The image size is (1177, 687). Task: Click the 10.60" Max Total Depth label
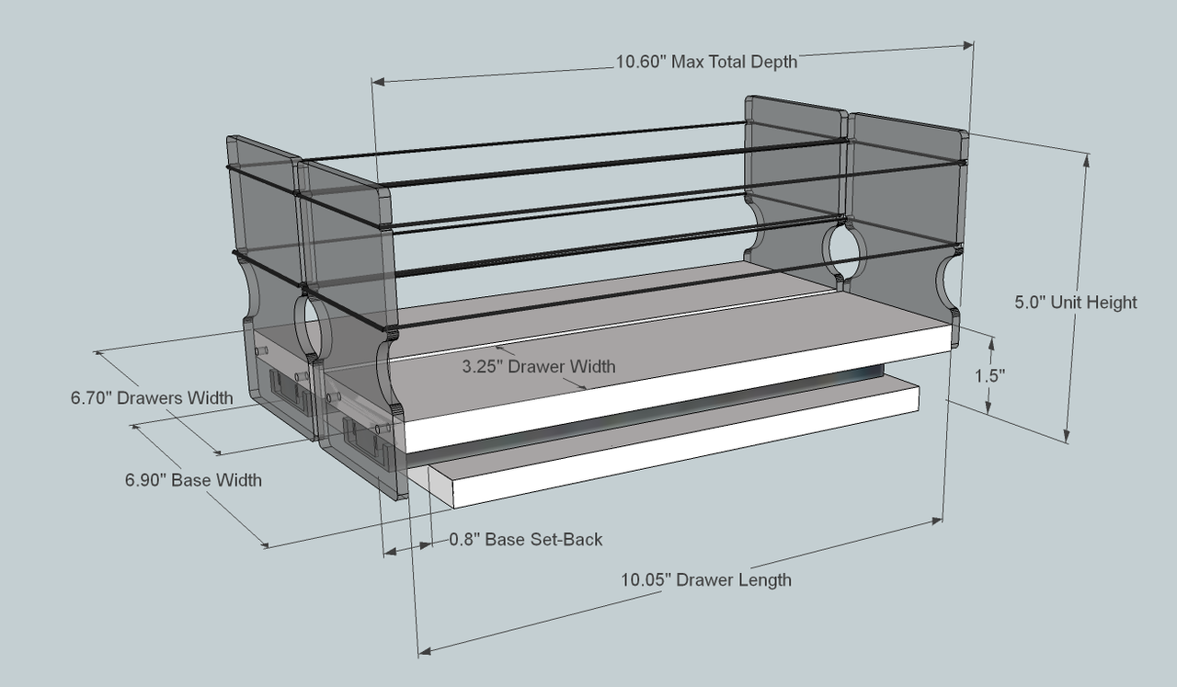coord(706,63)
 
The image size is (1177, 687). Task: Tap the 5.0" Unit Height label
coord(1076,302)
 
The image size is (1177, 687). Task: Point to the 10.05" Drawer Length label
coord(705,579)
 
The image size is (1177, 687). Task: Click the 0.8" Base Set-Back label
coord(526,539)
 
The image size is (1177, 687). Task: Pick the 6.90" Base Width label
coord(193,479)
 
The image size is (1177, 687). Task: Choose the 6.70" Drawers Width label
coord(152,398)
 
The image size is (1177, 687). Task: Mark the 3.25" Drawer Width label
coord(539,366)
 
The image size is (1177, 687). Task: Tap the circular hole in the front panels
coord(313,325)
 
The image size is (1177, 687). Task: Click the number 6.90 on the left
coord(146,479)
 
